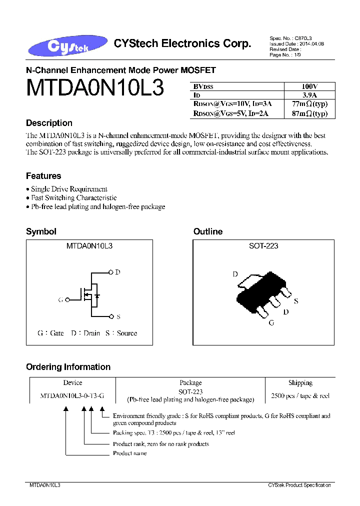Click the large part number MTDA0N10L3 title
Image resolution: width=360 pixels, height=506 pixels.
[95, 88]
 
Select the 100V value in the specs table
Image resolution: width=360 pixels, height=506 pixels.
[310, 86]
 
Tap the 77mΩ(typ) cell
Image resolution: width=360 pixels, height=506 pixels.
[310, 104]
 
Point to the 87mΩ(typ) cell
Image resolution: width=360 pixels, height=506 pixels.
[310, 113]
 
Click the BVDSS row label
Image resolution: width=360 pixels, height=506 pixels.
[203, 86]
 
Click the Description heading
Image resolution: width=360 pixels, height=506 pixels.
[49, 123]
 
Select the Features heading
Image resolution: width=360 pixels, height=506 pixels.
[43, 176]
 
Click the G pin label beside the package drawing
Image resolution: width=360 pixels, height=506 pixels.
[271, 323]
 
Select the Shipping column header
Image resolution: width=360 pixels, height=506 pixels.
[300, 383]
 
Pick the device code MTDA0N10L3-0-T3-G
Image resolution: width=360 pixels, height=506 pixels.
[72, 395]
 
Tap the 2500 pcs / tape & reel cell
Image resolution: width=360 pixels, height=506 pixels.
[300, 395]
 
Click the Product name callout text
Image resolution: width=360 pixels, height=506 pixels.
[130, 453]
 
